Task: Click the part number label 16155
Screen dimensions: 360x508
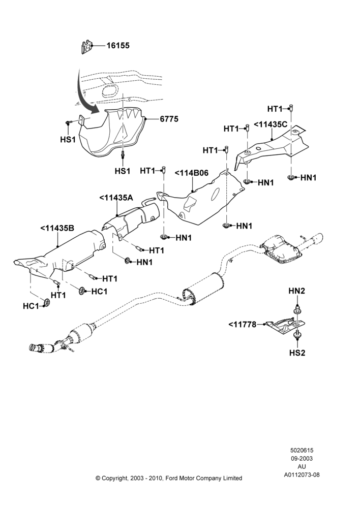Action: pos(118,46)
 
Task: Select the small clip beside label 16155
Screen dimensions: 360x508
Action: pos(86,47)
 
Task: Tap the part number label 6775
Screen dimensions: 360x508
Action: pos(169,119)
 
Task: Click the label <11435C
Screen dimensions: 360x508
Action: pos(271,124)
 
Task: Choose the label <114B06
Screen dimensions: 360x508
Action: pos(192,173)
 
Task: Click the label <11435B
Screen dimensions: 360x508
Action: pos(57,228)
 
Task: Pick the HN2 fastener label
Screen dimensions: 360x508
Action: pos(297,291)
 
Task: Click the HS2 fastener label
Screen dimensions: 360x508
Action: pos(297,353)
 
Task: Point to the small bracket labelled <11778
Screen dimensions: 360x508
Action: pos(284,326)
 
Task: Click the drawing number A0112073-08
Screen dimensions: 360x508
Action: pos(302,475)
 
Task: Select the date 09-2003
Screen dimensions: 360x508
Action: pos(302,458)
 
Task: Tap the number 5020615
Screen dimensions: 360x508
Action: pos(302,450)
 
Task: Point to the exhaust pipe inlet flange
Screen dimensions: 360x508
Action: pos(34,347)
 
